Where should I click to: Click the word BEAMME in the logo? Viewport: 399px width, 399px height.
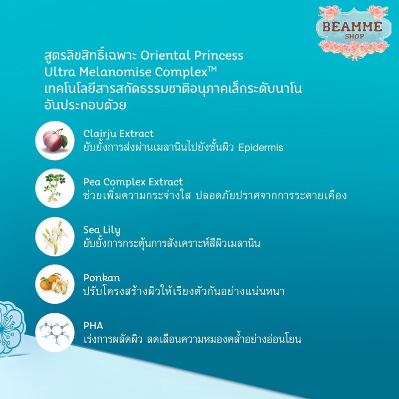pyautogui.click(x=353, y=27)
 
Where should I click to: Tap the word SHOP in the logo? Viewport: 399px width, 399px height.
pyautogui.click(x=355, y=36)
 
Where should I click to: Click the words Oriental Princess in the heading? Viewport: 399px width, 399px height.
pyautogui.click(x=192, y=55)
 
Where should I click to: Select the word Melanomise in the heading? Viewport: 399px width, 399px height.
pyautogui.click(x=115, y=72)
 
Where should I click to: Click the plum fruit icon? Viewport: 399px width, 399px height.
pyautogui.click(x=55, y=141)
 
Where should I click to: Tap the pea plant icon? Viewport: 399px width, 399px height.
pyautogui.click(x=55, y=189)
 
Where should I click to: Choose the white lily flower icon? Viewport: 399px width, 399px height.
pyautogui.click(x=55, y=236)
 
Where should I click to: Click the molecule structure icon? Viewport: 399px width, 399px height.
pyautogui.click(x=55, y=332)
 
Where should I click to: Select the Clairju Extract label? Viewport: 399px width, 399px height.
pyautogui.click(x=118, y=134)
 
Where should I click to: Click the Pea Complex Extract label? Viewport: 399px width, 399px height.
pyautogui.click(x=133, y=182)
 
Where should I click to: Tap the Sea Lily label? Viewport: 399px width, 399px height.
pyautogui.click(x=102, y=230)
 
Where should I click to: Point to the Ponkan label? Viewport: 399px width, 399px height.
pyautogui.click(x=102, y=278)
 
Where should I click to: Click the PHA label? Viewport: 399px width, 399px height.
pyautogui.click(x=93, y=326)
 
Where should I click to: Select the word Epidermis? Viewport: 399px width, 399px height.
pyautogui.click(x=260, y=148)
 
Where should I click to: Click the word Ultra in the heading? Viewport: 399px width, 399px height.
pyautogui.click(x=60, y=72)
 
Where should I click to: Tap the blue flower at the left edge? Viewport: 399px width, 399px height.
pyautogui.click(x=11, y=328)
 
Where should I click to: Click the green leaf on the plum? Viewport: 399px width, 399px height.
pyautogui.click(x=64, y=141)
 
